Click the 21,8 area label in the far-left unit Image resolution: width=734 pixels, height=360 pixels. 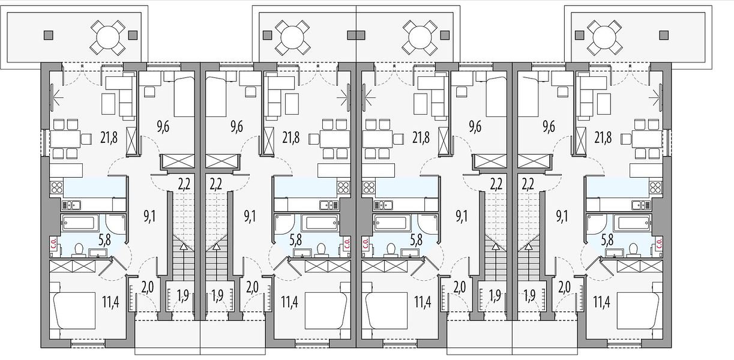(109, 137)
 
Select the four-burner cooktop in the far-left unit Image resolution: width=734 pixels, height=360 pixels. (56, 188)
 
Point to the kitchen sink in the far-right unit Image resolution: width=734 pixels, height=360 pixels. (641, 205)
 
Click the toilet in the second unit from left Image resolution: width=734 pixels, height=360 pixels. (322, 250)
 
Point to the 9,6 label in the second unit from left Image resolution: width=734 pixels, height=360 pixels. (236, 126)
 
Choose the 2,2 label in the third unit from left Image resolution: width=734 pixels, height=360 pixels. (496, 184)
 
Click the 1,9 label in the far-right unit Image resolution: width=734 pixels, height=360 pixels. (529, 296)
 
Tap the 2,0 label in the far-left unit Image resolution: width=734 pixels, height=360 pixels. (148, 287)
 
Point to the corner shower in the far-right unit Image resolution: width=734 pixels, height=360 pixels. (595, 225)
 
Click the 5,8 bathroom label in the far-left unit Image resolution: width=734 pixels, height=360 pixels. (104, 240)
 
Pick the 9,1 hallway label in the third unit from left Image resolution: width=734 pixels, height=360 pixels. (462, 217)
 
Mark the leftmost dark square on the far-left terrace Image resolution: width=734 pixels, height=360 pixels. (49, 35)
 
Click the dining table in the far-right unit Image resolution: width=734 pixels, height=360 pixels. (647, 139)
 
